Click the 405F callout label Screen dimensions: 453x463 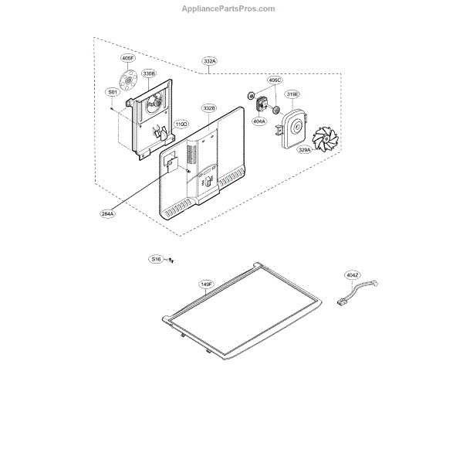127,58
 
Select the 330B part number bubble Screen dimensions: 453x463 148,73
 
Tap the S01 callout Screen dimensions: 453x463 113,92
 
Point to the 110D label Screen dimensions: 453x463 181,124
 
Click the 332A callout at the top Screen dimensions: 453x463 210,60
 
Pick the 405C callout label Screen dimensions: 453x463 274,80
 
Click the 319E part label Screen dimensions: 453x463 292,94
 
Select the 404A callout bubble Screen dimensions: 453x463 259,121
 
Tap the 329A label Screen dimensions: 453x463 306,151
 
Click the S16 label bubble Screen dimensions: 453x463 157,260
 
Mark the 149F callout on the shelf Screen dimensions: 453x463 206,284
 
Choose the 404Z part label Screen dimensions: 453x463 353,274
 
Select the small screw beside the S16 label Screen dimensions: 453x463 171,261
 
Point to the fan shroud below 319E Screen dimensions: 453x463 292,126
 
